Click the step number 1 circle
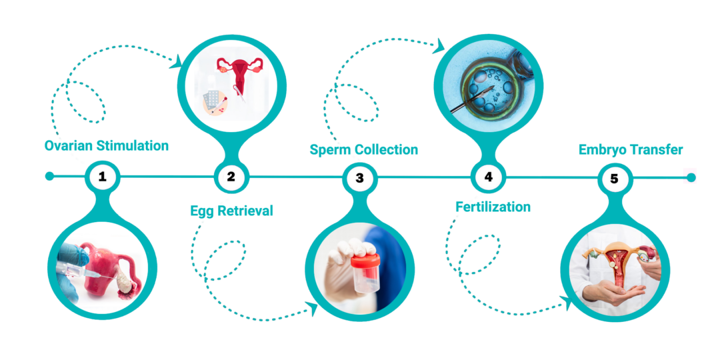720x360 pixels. (x=102, y=176)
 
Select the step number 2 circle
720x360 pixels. (x=231, y=176)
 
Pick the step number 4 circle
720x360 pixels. (x=488, y=177)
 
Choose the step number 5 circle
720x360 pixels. (x=614, y=179)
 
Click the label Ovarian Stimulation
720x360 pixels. (x=107, y=146)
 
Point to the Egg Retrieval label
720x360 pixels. (x=231, y=211)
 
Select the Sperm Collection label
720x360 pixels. (x=364, y=150)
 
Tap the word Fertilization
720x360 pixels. (x=493, y=207)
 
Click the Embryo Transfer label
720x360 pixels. (x=631, y=150)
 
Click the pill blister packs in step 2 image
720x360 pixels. (x=213, y=99)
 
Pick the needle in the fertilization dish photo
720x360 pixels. (x=472, y=99)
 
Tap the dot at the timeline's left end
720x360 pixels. (x=50, y=176)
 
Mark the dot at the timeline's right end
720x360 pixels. (x=691, y=177)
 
